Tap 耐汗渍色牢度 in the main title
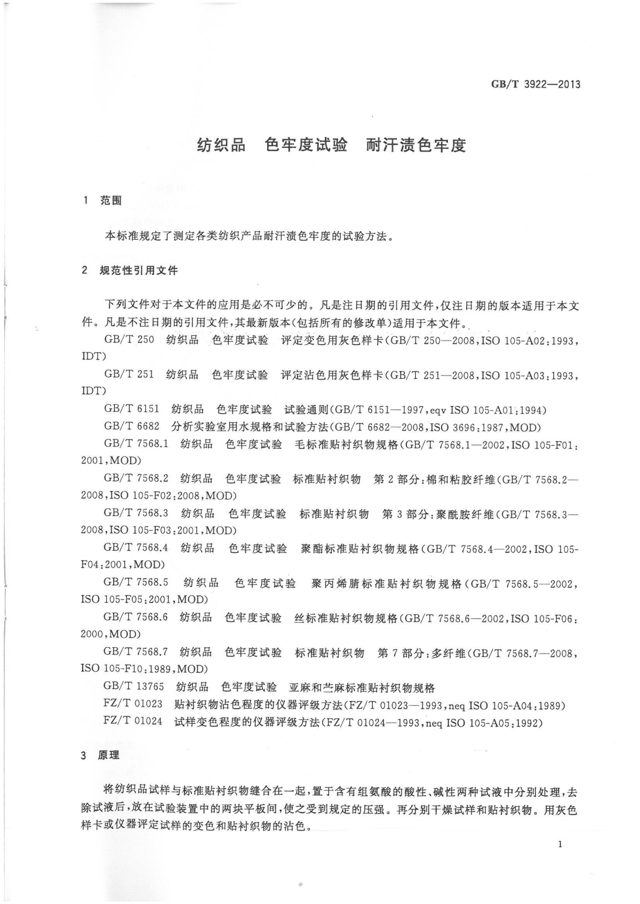coord(416,145)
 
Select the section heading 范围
coord(111,201)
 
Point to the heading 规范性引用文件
coord(139,271)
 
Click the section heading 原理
coord(109,755)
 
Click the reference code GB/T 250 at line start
coord(129,340)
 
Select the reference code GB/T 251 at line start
coord(129,374)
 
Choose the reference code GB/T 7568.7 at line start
coord(136,652)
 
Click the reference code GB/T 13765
coord(134,687)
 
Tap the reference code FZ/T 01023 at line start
coord(133,704)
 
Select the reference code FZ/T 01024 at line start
coord(133,722)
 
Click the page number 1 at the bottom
coord(559,844)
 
